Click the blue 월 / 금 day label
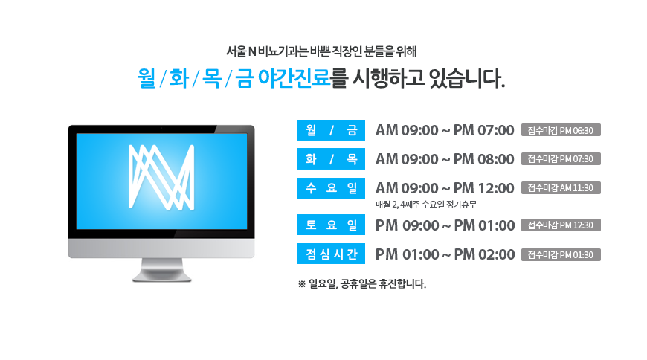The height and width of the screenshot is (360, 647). [331, 130]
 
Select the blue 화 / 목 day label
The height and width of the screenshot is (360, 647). [331, 159]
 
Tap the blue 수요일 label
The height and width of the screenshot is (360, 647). [331, 188]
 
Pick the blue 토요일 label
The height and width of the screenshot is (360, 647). [331, 225]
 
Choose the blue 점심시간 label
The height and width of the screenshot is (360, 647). [331, 254]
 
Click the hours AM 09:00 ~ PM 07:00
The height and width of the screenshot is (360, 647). [445, 130]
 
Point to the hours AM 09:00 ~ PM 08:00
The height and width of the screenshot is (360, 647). [445, 159]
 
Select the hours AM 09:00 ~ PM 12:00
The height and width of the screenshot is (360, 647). [445, 188]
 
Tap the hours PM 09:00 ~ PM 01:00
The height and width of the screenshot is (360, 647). [445, 225]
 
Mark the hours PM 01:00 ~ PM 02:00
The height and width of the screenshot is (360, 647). [445, 254]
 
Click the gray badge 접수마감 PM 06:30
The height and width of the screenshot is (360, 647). [561, 130]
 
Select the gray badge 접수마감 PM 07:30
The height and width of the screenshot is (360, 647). [561, 159]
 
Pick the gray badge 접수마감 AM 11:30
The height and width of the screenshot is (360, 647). [561, 188]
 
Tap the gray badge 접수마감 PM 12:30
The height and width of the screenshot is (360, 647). [561, 225]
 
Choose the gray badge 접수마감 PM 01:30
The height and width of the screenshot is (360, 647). [561, 254]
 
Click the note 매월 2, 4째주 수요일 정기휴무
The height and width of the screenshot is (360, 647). [426, 204]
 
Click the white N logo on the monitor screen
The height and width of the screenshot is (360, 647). [161, 178]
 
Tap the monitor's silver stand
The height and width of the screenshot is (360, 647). [162, 270]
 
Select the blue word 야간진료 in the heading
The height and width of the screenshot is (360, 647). [294, 77]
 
